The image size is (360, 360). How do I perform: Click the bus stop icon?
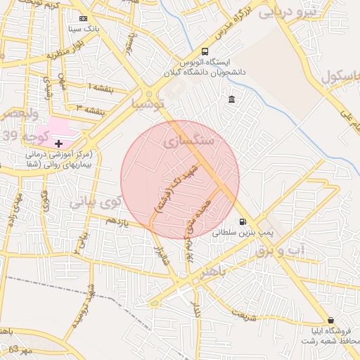tap(205, 51)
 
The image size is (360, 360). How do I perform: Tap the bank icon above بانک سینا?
tap(84, 18)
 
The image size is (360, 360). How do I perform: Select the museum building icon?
tap(232, 100)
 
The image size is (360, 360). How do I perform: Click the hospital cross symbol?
tap(58, 143)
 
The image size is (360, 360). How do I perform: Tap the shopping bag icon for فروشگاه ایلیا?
tap(330, 320)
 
